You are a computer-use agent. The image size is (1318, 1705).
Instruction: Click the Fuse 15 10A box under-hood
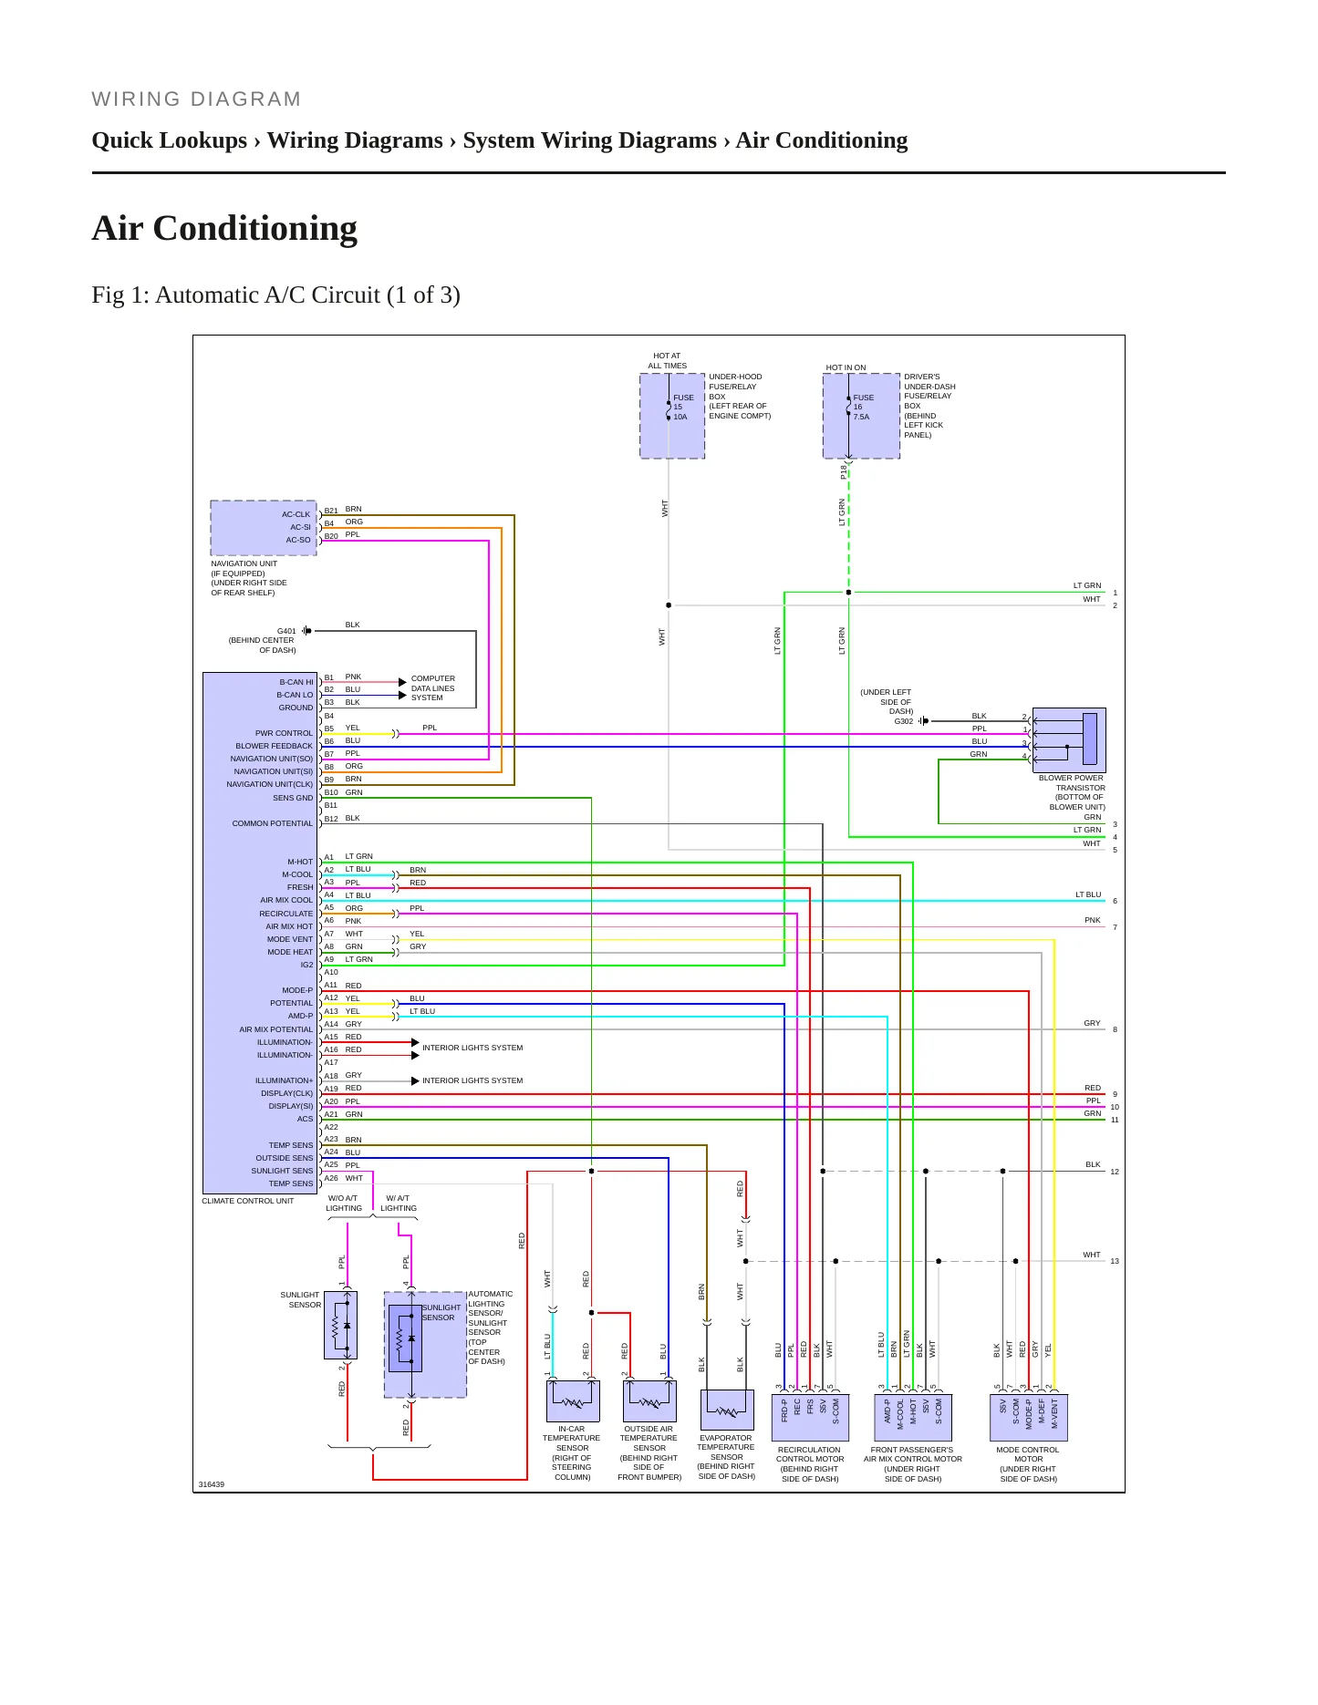[x=672, y=416]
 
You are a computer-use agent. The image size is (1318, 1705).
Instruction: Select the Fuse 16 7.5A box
[x=861, y=416]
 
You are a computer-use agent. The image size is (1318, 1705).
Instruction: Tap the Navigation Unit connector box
[x=264, y=528]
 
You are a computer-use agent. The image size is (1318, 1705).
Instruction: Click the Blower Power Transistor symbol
[x=1069, y=740]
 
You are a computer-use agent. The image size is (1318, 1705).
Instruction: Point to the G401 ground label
[x=286, y=631]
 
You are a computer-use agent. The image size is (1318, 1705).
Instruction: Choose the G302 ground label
[x=903, y=721]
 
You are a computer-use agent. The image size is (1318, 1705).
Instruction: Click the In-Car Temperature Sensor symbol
[x=573, y=1400]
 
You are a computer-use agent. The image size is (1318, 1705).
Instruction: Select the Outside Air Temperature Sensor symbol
[x=649, y=1400]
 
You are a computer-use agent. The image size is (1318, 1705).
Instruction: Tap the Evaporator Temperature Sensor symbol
[x=727, y=1410]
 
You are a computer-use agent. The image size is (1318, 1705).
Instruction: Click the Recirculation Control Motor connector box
[x=810, y=1418]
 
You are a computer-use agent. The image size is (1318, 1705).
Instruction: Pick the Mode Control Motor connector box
[x=1029, y=1418]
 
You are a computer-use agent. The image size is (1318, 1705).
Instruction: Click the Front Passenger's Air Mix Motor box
[x=913, y=1418]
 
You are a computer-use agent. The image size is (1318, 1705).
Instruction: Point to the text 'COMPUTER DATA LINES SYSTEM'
[x=433, y=688]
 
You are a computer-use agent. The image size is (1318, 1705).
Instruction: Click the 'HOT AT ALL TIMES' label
[x=668, y=361]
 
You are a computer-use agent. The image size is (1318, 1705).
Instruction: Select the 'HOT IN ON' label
[x=846, y=367]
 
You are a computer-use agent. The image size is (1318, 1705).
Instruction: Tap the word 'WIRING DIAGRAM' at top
[x=196, y=99]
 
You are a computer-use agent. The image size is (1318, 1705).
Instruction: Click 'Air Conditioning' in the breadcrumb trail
[x=822, y=140]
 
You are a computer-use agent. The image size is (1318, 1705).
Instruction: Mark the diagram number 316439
[x=212, y=1484]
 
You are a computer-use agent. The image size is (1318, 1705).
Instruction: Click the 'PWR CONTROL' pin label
[x=284, y=733]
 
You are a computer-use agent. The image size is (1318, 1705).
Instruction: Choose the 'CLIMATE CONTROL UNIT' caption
[x=248, y=1201]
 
